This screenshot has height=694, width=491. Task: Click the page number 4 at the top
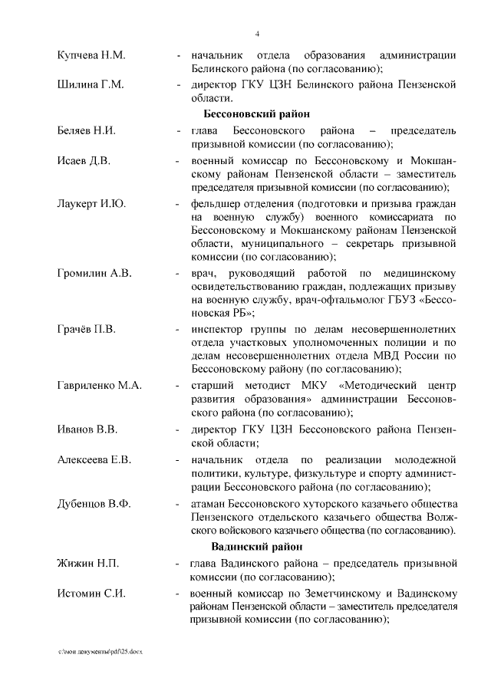click(257, 34)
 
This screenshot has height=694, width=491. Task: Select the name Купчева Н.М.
click(91, 56)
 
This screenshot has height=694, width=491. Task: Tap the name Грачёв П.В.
click(87, 329)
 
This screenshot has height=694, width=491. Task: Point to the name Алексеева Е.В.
click(94, 459)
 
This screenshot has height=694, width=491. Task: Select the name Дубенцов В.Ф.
click(94, 504)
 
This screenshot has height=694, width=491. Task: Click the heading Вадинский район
click(256, 547)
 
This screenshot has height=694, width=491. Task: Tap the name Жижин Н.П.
click(87, 564)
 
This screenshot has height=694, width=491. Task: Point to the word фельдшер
click(219, 205)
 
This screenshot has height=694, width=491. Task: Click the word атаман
click(211, 504)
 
